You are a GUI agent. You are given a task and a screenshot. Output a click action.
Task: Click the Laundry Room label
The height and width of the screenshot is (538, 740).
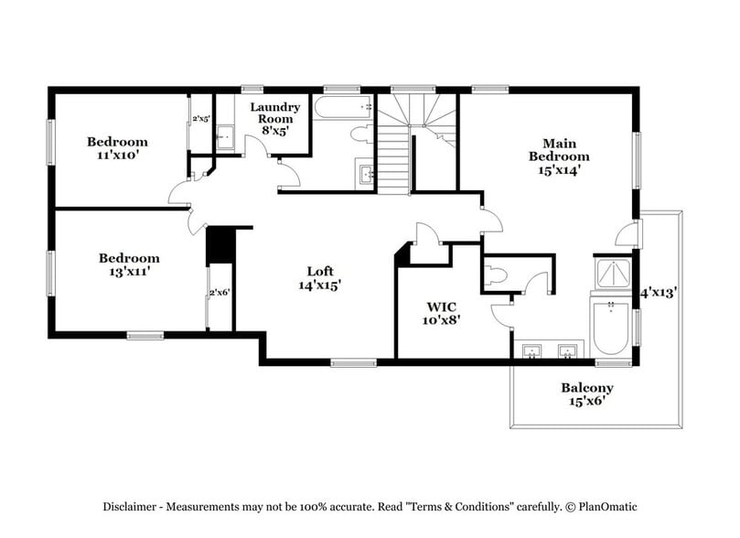click(x=274, y=119)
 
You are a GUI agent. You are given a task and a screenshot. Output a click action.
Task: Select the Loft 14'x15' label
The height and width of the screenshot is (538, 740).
click(x=319, y=277)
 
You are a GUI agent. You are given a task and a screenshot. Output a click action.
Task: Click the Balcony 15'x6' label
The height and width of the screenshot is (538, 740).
click(x=586, y=394)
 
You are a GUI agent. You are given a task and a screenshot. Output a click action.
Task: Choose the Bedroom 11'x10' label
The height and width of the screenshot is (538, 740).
click(x=117, y=148)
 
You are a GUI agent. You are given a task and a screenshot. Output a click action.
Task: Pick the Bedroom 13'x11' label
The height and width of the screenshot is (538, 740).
click(x=129, y=264)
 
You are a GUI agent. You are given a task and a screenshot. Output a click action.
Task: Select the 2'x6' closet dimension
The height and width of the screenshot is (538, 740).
click(x=219, y=293)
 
